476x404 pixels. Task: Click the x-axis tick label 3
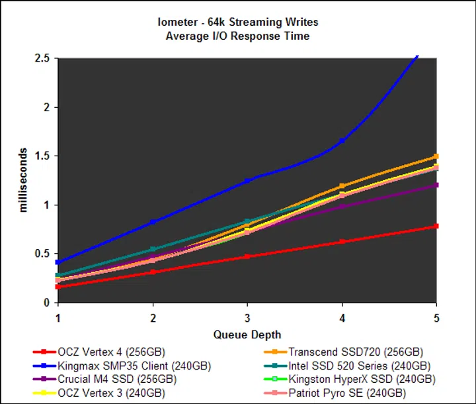coord(247,317)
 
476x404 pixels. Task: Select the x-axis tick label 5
coord(436,317)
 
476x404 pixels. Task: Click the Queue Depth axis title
coord(247,334)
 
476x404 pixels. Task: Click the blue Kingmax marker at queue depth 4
coord(342,140)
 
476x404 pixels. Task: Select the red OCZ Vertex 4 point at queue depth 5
coord(436,227)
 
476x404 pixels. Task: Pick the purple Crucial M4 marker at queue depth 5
coord(436,185)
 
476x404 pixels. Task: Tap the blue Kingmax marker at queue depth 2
coord(153,222)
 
